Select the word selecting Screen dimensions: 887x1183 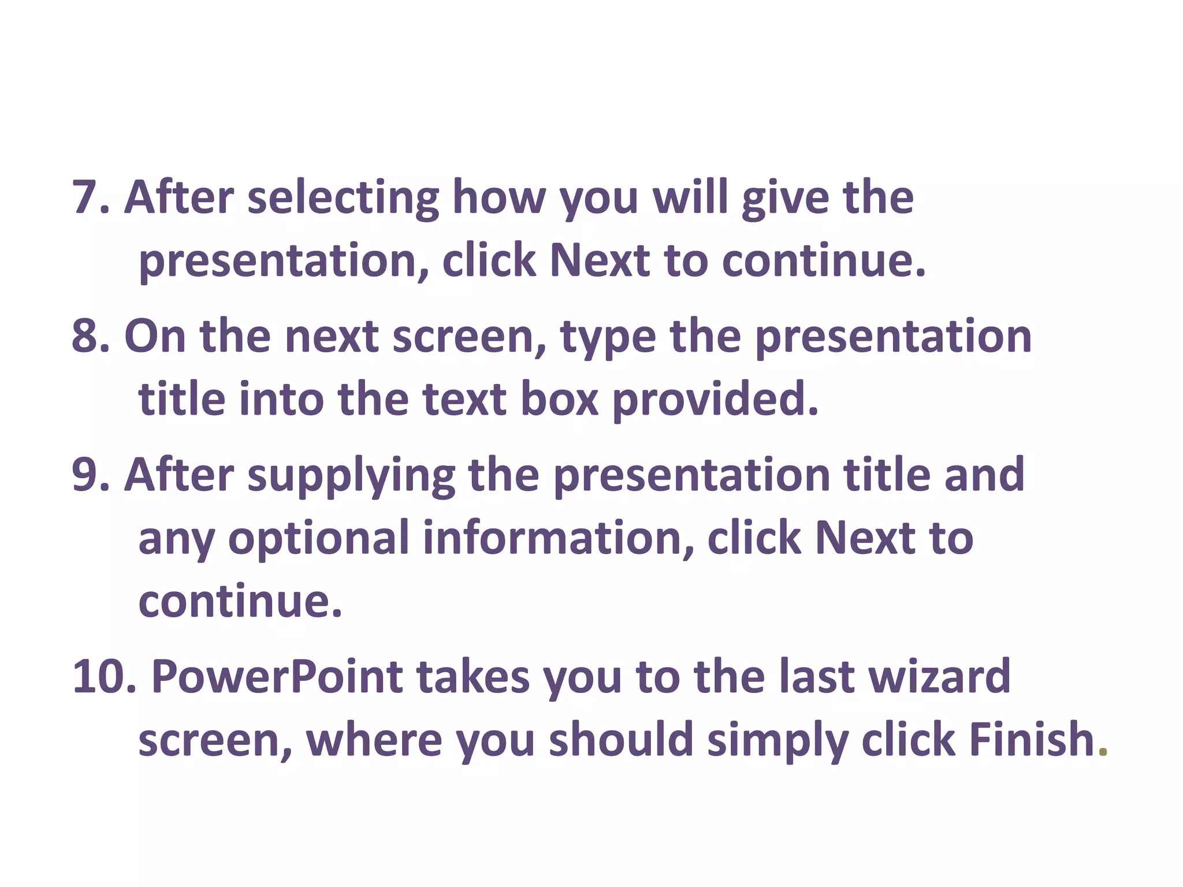tap(343, 198)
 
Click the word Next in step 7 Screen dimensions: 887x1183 tap(599, 260)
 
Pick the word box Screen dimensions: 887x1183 tap(559, 399)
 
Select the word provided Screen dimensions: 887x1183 tap(715, 399)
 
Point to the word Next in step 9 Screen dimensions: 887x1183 tap(864, 538)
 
